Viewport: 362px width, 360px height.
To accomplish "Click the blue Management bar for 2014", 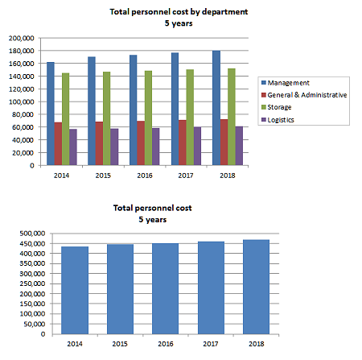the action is (51, 114).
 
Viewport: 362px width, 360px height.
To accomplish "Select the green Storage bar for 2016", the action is (148, 118).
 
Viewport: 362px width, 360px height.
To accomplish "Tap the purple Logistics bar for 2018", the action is (239, 146).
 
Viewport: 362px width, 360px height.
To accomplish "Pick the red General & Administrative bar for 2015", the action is (99, 143).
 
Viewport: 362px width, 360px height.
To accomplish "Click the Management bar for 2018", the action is (216, 108).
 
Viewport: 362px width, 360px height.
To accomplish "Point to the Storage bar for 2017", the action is (190, 118).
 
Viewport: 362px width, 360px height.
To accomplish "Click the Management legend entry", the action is (286, 83).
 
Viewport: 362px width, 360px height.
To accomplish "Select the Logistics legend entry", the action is (278, 120).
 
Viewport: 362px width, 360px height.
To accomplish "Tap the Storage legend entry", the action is (277, 107).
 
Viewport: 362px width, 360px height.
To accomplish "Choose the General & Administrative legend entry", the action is (304, 95).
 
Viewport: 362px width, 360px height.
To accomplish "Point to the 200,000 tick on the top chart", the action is (22, 38).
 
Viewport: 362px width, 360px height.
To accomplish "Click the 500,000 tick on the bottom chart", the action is (32, 234).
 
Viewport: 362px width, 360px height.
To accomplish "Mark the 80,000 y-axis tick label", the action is (23, 114).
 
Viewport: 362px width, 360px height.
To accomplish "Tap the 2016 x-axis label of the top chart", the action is (145, 176).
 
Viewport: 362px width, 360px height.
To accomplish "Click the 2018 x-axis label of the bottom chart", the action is (257, 344).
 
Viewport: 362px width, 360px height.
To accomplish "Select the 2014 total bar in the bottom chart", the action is (75, 290).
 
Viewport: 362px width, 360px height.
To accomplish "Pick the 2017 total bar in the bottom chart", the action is (211, 288).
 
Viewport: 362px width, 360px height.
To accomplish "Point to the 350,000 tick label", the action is (32, 263).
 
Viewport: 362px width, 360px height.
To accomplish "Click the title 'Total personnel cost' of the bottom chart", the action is (153, 208).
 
